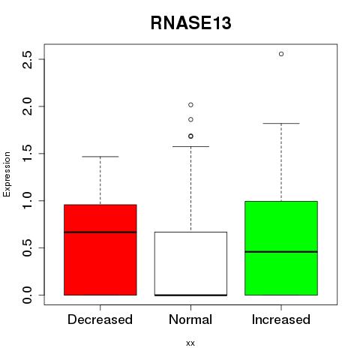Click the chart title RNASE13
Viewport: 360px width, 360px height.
191,23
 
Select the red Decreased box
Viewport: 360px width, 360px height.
100,250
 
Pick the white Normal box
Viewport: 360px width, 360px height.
190,263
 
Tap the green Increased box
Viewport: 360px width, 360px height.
281,248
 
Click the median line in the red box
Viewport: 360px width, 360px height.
100,232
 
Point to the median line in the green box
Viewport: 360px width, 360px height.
281,252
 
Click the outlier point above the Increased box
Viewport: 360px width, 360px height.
281,54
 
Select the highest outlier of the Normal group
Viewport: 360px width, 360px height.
190,105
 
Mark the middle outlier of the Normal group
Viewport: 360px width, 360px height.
190,119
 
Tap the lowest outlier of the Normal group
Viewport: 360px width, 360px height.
190,136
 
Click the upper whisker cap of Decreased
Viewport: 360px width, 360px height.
100,157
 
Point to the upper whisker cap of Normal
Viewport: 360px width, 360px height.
190,146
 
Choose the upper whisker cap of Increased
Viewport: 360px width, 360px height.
281,124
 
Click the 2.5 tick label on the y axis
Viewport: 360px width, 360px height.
28,59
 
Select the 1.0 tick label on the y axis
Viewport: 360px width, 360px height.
28,200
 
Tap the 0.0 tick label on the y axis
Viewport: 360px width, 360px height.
28,295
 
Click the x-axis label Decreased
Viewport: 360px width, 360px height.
100,319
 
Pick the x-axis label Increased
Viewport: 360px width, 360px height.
281,319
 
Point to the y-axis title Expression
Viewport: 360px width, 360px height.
7,174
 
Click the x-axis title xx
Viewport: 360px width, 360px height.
190,343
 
